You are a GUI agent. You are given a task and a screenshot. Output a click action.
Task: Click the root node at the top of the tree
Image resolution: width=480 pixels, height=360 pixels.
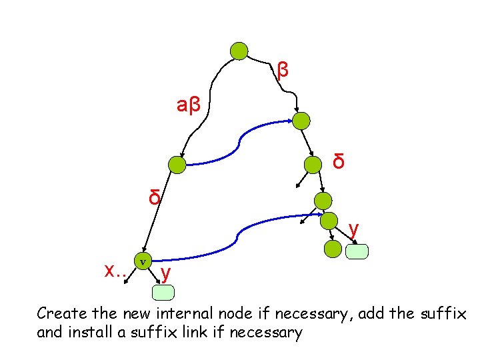239,51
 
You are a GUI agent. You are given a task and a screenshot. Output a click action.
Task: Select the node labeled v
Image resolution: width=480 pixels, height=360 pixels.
143,261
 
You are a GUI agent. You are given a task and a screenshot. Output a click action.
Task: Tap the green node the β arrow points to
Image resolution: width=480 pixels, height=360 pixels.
301,121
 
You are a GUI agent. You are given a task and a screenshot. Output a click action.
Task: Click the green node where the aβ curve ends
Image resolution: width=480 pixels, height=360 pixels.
177,164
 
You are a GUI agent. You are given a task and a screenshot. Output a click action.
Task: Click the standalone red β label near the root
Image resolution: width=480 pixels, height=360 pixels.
283,69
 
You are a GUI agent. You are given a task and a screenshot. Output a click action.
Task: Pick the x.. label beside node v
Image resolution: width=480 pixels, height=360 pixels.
117,269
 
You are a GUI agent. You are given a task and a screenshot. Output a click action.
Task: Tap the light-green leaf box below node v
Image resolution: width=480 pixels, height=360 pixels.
163,292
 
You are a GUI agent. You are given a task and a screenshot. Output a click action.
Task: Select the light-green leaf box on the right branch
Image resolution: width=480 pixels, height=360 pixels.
357,251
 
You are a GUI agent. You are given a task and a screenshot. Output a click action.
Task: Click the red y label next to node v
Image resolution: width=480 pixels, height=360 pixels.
166,273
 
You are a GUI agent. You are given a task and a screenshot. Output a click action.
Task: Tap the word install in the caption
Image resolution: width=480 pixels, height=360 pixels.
85,331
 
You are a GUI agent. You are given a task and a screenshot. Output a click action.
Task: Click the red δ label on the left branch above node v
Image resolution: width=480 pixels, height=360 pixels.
154,198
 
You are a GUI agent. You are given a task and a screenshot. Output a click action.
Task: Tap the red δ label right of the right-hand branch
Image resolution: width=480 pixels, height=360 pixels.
339,161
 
